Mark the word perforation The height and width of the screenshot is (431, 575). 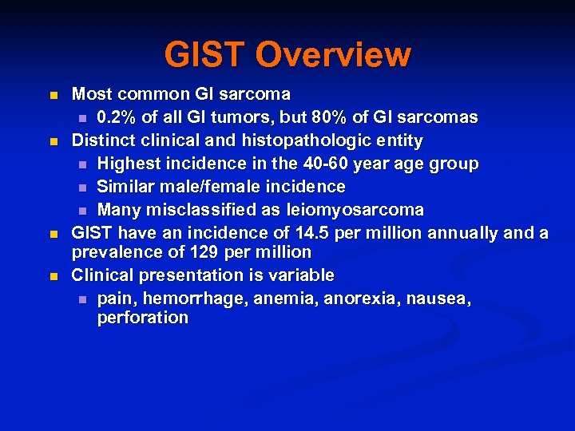pos(143,318)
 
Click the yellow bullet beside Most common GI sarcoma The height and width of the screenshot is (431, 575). pos(54,95)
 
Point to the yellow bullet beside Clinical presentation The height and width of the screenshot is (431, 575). pos(54,276)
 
